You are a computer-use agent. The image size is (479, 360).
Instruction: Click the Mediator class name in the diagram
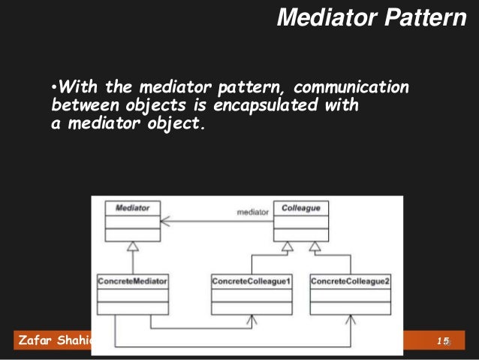click(132, 207)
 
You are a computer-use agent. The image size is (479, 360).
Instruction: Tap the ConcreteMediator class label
click(132, 281)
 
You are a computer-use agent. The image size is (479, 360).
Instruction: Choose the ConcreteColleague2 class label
click(349, 281)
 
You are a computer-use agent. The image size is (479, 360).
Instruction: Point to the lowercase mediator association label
click(252, 213)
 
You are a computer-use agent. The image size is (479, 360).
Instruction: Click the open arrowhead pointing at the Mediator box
click(164, 221)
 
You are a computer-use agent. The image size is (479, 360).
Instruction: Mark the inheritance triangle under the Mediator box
click(132, 246)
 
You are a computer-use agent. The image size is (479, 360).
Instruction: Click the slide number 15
click(443, 342)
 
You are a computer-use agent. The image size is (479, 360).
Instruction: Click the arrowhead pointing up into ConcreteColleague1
click(252, 319)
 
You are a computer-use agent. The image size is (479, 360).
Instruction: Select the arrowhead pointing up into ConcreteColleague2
click(350, 319)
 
